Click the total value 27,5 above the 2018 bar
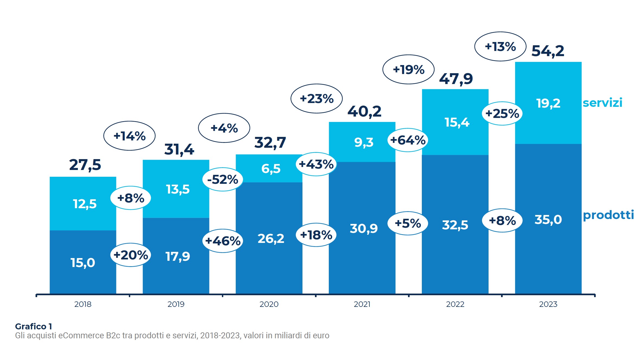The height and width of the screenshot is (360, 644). click(85, 165)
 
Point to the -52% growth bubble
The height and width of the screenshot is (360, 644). click(223, 179)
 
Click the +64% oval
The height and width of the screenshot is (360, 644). click(408, 140)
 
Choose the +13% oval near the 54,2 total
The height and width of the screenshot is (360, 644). click(500, 47)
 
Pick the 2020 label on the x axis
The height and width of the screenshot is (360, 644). click(269, 304)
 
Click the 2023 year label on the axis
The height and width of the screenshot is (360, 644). click(548, 304)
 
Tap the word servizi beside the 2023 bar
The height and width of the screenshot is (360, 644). click(602, 103)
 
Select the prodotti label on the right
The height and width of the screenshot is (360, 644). click(608, 215)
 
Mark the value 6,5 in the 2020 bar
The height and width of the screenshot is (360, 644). click(271, 169)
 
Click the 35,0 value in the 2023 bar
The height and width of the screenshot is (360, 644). click(548, 220)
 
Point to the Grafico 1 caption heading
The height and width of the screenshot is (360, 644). click(33, 326)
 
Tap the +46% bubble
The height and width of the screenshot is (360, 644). click(223, 241)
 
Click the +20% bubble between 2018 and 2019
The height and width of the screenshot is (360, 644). click(131, 255)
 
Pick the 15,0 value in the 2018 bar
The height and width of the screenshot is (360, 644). click(83, 263)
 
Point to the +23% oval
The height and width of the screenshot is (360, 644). click(317, 99)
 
